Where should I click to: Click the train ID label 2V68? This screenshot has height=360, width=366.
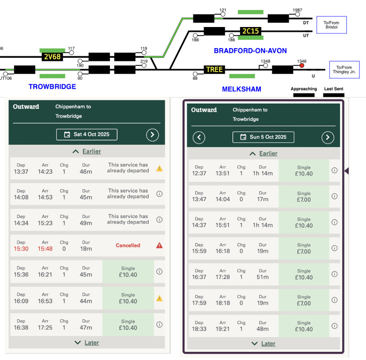pyautogui.click(x=52, y=57)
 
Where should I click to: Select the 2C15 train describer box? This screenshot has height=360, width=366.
pyautogui.click(x=250, y=31)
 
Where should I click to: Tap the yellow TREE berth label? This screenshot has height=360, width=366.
pyautogui.click(x=214, y=70)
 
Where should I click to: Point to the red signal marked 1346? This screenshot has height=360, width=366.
pyautogui.click(x=301, y=65)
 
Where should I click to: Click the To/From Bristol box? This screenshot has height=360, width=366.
pyautogui.click(x=331, y=25)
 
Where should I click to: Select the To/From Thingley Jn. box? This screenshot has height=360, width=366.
pyautogui.click(x=344, y=70)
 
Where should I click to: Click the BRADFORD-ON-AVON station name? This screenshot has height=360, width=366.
pyautogui.click(x=250, y=51)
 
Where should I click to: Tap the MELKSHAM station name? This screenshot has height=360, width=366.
pyautogui.click(x=242, y=89)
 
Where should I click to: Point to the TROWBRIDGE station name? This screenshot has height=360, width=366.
pyautogui.click(x=52, y=87)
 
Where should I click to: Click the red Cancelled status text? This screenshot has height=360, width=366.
pyautogui.click(x=128, y=245)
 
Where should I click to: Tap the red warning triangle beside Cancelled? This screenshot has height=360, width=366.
pyautogui.click(x=159, y=245)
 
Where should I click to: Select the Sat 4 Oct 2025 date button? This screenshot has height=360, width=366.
pyautogui.click(x=87, y=135)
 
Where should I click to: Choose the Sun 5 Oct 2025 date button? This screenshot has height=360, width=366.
pyautogui.click(x=264, y=137)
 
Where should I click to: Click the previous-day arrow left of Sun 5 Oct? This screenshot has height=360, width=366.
pyautogui.click(x=199, y=137)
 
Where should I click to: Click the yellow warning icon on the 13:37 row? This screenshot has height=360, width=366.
pyautogui.click(x=159, y=169)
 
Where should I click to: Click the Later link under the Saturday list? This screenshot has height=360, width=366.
pyautogui.click(x=91, y=343)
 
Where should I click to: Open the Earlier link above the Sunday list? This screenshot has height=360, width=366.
pyautogui.click(x=269, y=153)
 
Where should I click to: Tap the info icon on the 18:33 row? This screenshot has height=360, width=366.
pyautogui.click(x=334, y=326)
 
